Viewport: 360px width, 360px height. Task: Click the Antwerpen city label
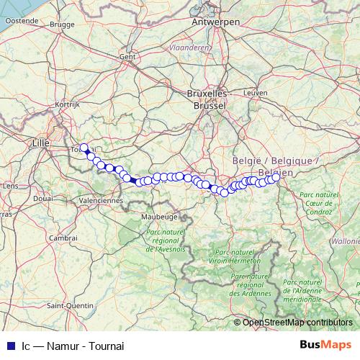(x=215, y=22)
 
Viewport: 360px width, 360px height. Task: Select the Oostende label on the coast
(x=22, y=21)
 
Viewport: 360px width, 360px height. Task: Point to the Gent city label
(x=128, y=56)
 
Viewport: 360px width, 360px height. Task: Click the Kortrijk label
(x=66, y=105)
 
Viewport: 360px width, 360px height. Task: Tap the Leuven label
(x=256, y=93)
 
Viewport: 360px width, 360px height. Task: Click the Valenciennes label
(x=102, y=199)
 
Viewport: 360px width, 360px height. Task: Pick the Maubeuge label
(x=159, y=215)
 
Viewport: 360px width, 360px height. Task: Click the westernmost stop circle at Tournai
(x=84, y=148)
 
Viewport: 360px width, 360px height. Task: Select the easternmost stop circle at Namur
(x=276, y=177)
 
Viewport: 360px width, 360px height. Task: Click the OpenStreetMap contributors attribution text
(x=297, y=322)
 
